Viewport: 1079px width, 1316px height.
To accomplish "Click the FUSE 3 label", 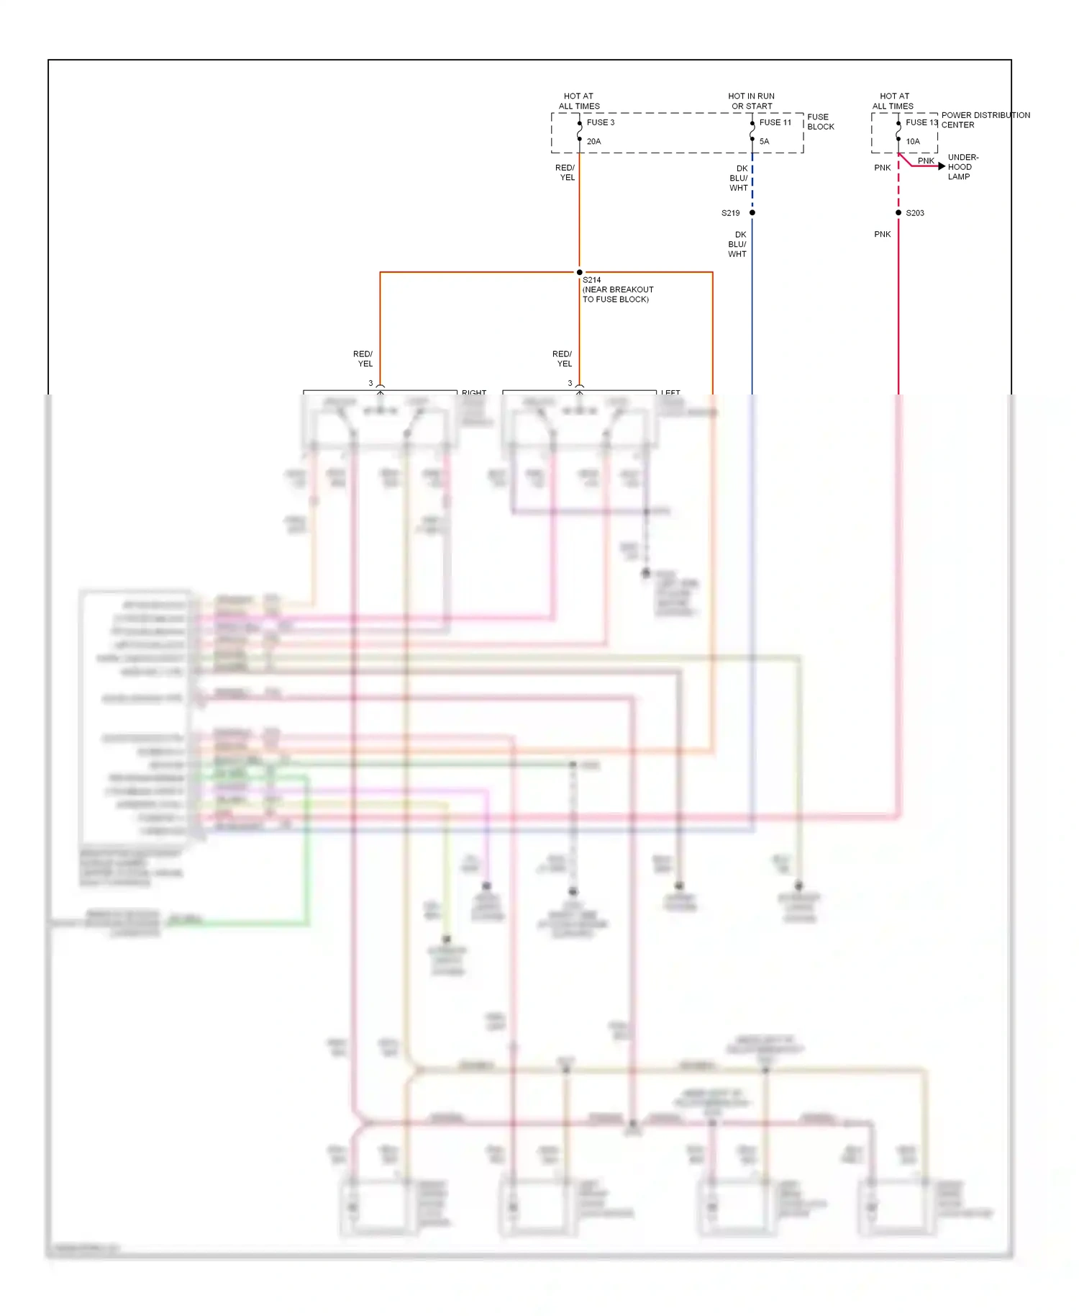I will [x=600, y=122].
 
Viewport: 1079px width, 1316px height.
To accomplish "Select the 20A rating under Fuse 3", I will [x=593, y=142].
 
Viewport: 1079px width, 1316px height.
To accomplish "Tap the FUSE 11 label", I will [x=775, y=122].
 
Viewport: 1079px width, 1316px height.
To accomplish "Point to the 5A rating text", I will [x=764, y=142].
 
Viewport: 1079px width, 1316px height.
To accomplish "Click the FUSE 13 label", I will [x=921, y=122].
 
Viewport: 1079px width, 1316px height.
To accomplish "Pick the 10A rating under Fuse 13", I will [x=913, y=142].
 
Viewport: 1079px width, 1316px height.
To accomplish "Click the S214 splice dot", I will [x=579, y=272].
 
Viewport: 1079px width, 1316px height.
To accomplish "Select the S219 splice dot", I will [x=752, y=212].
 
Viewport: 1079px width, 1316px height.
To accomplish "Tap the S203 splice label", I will [x=915, y=213].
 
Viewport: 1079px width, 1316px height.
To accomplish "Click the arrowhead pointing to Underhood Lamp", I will [x=942, y=166].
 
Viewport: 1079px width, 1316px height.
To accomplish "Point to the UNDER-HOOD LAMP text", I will [x=962, y=167].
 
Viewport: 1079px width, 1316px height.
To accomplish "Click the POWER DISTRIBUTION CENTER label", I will [x=985, y=120].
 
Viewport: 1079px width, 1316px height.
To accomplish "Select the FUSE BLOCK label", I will [x=820, y=122].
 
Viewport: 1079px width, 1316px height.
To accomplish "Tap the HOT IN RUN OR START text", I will [x=751, y=101].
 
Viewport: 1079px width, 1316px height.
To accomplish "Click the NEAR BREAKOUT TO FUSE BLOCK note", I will [x=617, y=294].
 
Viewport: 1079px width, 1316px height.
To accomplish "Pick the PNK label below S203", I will [x=882, y=235].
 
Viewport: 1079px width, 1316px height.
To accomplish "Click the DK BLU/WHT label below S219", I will [x=738, y=245].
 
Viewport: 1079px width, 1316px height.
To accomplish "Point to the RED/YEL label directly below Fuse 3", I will [x=565, y=173].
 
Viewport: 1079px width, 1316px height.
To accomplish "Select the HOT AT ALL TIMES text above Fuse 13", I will [x=893, y=101].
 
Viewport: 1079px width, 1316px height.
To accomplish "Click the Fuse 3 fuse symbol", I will [x=579, y=132].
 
